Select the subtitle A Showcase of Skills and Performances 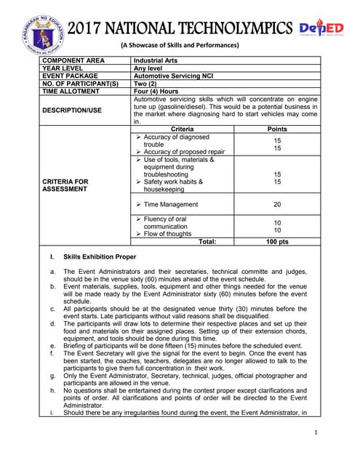point(180,46)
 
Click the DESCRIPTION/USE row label point(76,110)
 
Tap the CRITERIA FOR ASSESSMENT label point(67,185)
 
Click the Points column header point(277,129)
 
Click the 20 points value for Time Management point(277,205)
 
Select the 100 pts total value point(277,240)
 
